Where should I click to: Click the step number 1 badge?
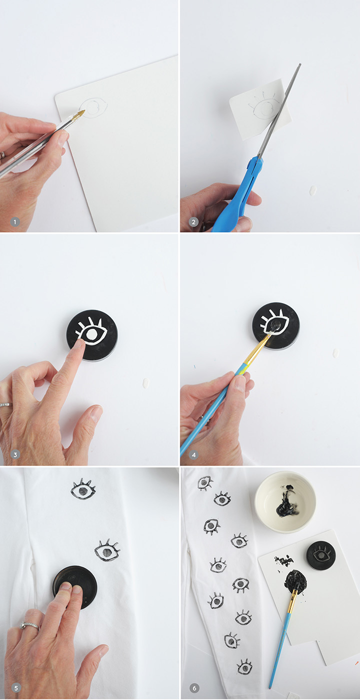click(x=15, y=222)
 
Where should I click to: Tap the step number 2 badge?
click(x=194, y=222)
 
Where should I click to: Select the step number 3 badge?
click(x=15, y=454)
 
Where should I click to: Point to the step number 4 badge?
click(x=194, y=454)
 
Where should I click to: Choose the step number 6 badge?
click(x=194, y=688)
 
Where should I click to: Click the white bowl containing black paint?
click(x=285, y=499)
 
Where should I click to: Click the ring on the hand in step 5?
click(x=29, y=625)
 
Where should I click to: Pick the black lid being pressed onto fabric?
click(x=74, y=587)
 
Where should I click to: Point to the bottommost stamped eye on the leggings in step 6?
click(x=244, y=666)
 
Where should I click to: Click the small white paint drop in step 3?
click(x=146, y=382)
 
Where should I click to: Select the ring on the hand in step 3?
click(x=6, y=405)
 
